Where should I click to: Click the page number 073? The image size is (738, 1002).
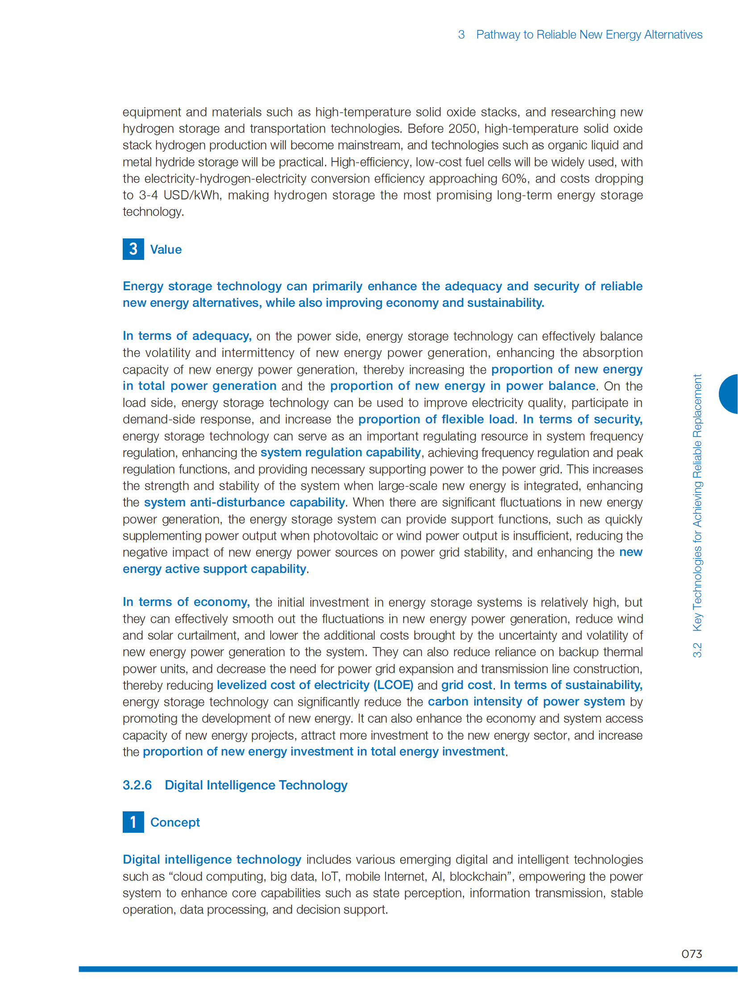[x=691, y=954]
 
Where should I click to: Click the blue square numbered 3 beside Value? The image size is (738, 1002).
[x=133, y=249]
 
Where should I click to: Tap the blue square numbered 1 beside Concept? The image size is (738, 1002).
[x=133, y=822]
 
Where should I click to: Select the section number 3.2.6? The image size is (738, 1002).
[x=137, y=785]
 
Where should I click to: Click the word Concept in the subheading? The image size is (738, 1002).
[x=175, y=822]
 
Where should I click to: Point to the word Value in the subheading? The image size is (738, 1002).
[x=166, y=250]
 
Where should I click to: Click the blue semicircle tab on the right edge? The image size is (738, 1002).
[x=729, y=394]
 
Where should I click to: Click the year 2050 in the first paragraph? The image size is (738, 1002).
[x=463, y=129]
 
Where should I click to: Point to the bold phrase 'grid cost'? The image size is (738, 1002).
[x=467, y=685]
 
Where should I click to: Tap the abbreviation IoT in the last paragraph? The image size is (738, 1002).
[x=329, y=877]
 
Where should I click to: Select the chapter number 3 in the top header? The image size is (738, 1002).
[x=461, y=35]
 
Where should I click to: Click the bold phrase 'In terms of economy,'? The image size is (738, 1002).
[x=186, y=602]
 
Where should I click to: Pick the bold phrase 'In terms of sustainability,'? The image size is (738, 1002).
[x=571, y=685]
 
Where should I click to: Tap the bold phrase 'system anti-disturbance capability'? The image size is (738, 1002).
[x=245, y=503]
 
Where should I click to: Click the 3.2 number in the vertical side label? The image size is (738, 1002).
[x=697, y=650]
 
